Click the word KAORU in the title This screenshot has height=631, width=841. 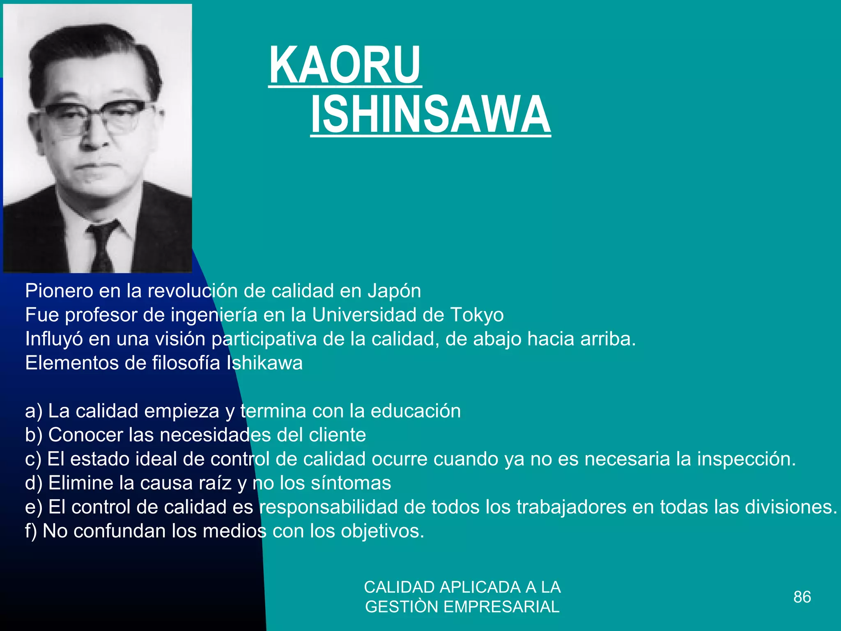pos(345,66)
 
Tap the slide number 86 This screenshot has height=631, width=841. pos(802,597)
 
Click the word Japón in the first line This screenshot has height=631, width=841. pos(394,291)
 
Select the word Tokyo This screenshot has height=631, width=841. pos(477,315)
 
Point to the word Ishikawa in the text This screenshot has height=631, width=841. pos(264,363)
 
